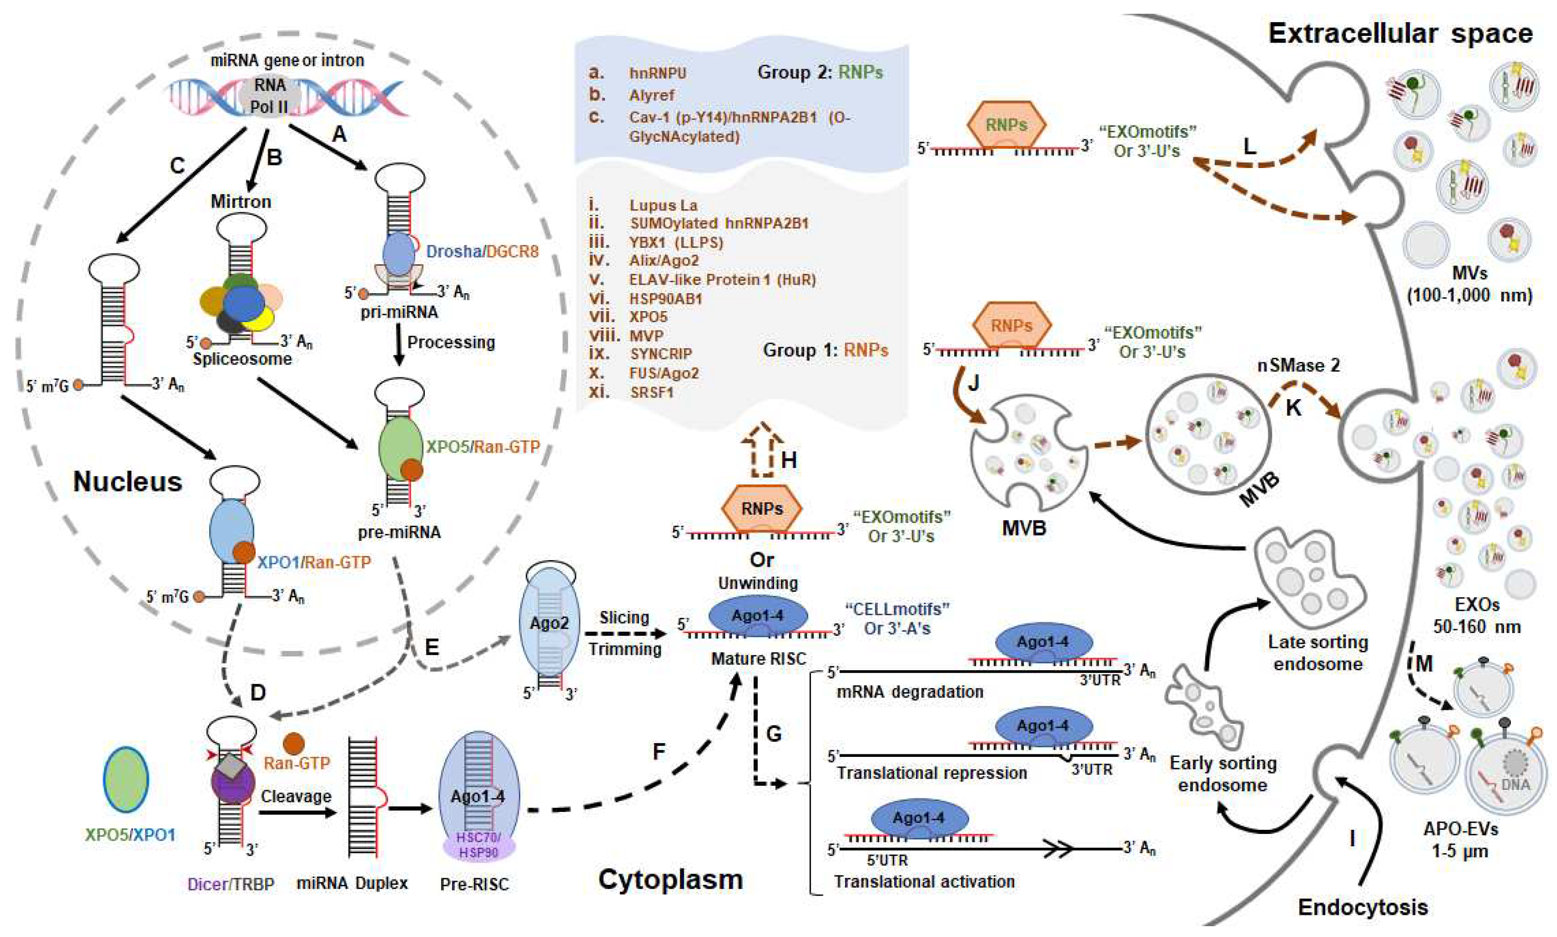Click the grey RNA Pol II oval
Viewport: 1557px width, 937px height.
(x=270, y=96)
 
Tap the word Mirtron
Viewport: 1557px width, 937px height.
(x=241, y=201)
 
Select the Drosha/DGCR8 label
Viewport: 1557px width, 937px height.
(x=482, y=251)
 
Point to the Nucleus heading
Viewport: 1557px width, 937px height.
(x=128, y=482)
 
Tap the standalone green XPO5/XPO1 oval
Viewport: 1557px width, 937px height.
(x=126, y=779)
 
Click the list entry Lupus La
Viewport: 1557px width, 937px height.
(x=663, y=205)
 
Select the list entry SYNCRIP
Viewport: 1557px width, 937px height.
(x=661, y=354)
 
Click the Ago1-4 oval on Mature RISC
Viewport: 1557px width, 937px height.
(x=758, y=615)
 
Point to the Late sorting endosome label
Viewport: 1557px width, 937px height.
(x=1318, y=653)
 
